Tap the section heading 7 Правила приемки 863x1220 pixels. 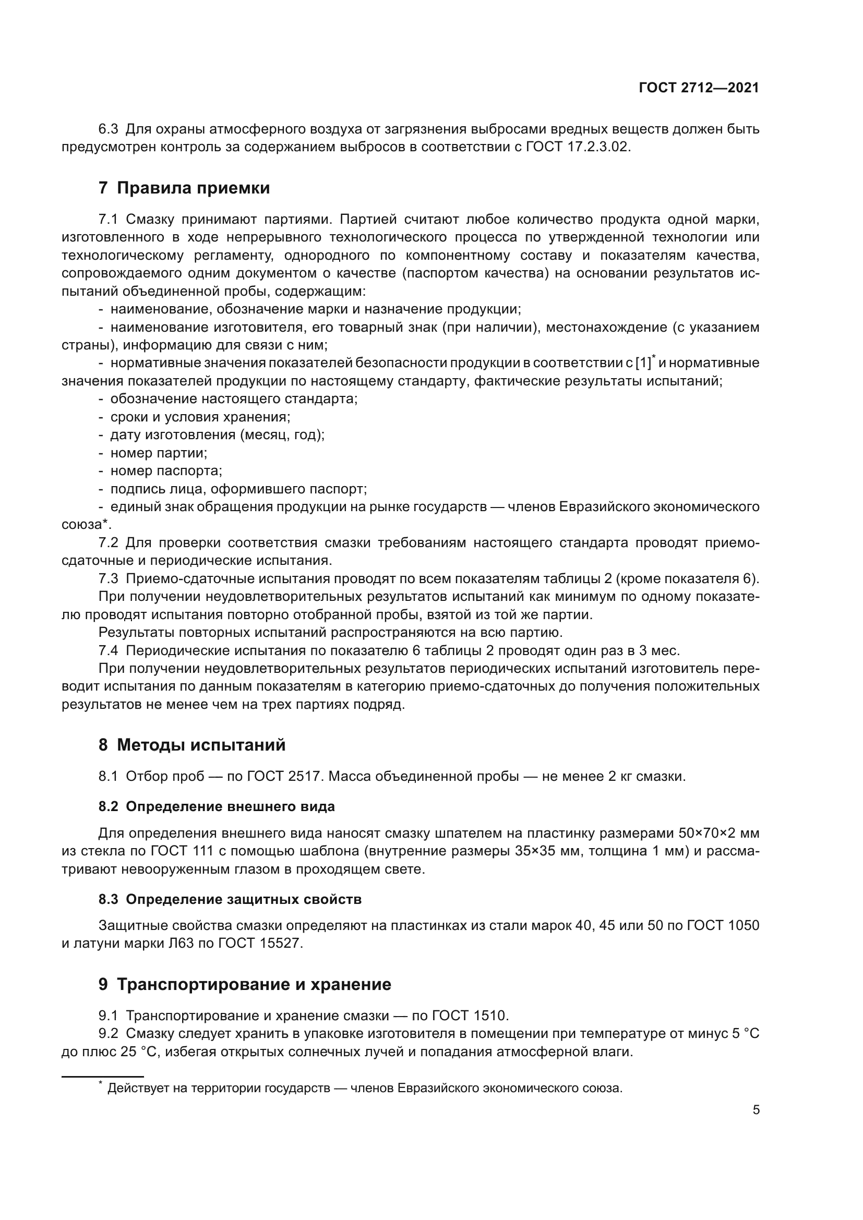click(x=184, y=188)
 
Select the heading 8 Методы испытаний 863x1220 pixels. click(x=192, y=745)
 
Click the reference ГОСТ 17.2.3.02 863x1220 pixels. click(x=577, y=147)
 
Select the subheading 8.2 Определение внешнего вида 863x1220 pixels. click(x=217, y=806)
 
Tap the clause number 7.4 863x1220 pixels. click(x=109, y=650)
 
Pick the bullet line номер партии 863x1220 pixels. click(x=159, y=453)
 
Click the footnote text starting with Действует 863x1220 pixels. click(x=364, y=1088)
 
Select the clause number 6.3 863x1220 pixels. click(x=109, y=129)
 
